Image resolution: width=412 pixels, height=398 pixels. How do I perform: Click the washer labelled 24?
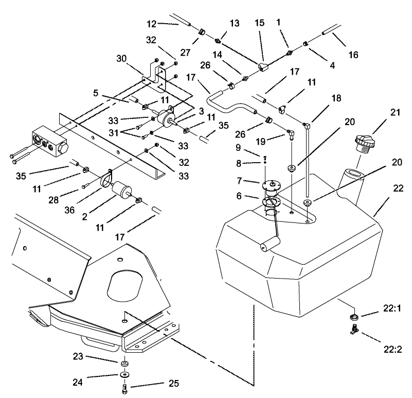pyautogui.click(x=125, y=374)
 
